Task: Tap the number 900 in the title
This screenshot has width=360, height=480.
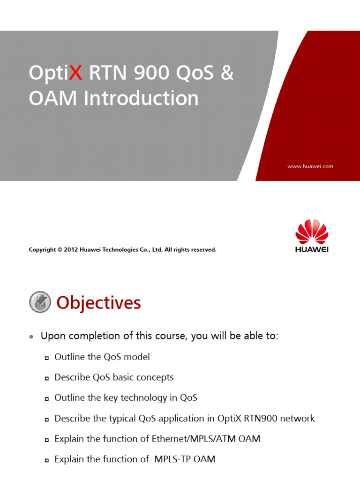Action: click(x=149, y=73)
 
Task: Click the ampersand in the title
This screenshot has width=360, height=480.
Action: click(x=227, y=73)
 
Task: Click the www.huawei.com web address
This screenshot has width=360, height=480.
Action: click(x=310, y=166)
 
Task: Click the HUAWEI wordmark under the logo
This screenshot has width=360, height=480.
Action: click(x=312, y=249)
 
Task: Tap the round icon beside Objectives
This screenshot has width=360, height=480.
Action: click(x=40, y=302)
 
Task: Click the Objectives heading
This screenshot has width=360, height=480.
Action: click(x=98, y=303)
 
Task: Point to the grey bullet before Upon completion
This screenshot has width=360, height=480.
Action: click(x=31, y=337)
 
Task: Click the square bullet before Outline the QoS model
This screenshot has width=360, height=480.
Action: click(x=46, y=358)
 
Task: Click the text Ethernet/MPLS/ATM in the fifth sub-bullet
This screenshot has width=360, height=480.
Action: click(x=206, y=439)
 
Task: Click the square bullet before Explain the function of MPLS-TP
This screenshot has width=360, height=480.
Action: click(x=46, y=461)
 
